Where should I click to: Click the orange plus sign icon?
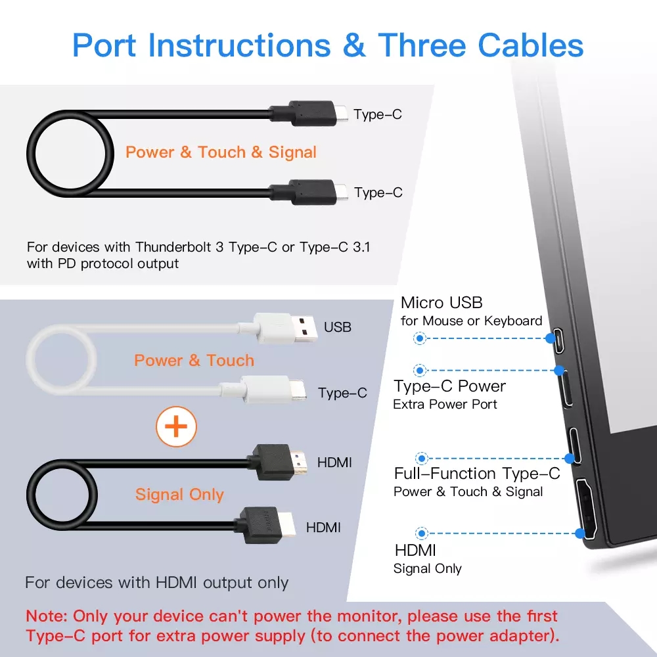point(176,426)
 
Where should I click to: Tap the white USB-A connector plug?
point(285,328)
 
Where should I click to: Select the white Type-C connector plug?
point(273,390)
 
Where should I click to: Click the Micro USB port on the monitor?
point(558,340)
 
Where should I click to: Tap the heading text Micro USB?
point(442,302)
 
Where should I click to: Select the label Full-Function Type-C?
point(477,474)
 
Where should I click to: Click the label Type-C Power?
point(449,386)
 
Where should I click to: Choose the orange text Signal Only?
point(179,495)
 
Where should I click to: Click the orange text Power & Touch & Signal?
point(221,152)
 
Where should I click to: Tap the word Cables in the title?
point(530,45)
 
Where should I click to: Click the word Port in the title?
point(104,45)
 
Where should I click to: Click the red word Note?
point(47,616)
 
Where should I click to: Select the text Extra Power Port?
point(445,404)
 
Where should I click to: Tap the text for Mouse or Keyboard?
point(471,321)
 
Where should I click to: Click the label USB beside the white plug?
point(337,327)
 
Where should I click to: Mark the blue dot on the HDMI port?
point(580,533)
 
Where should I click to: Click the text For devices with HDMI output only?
point(157,582)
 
